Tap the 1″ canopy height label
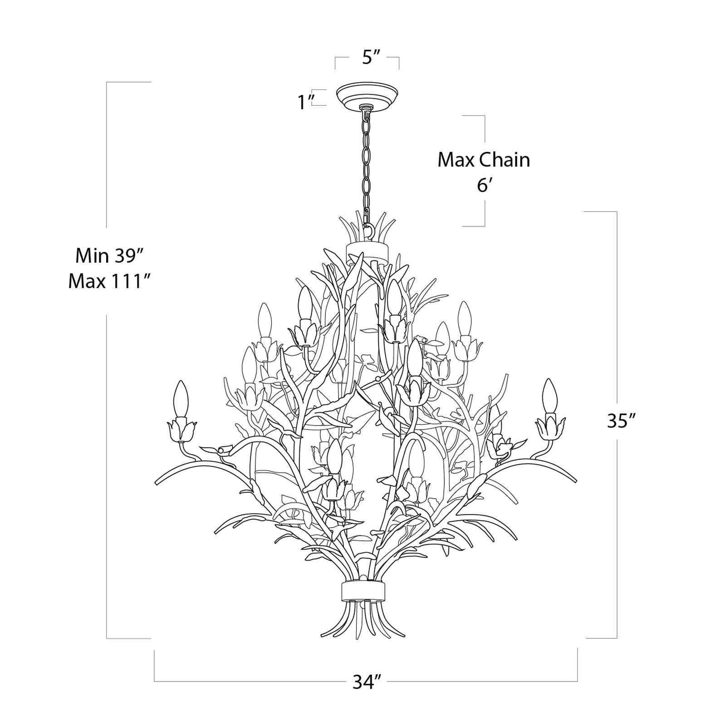tap(307, 102)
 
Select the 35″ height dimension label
tap(620, 421)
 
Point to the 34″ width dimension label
tap(366, 682)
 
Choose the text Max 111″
tap(109, 281)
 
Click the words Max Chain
tap(484, 160)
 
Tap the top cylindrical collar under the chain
tap(367, 250)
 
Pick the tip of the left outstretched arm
tap(157, 482)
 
